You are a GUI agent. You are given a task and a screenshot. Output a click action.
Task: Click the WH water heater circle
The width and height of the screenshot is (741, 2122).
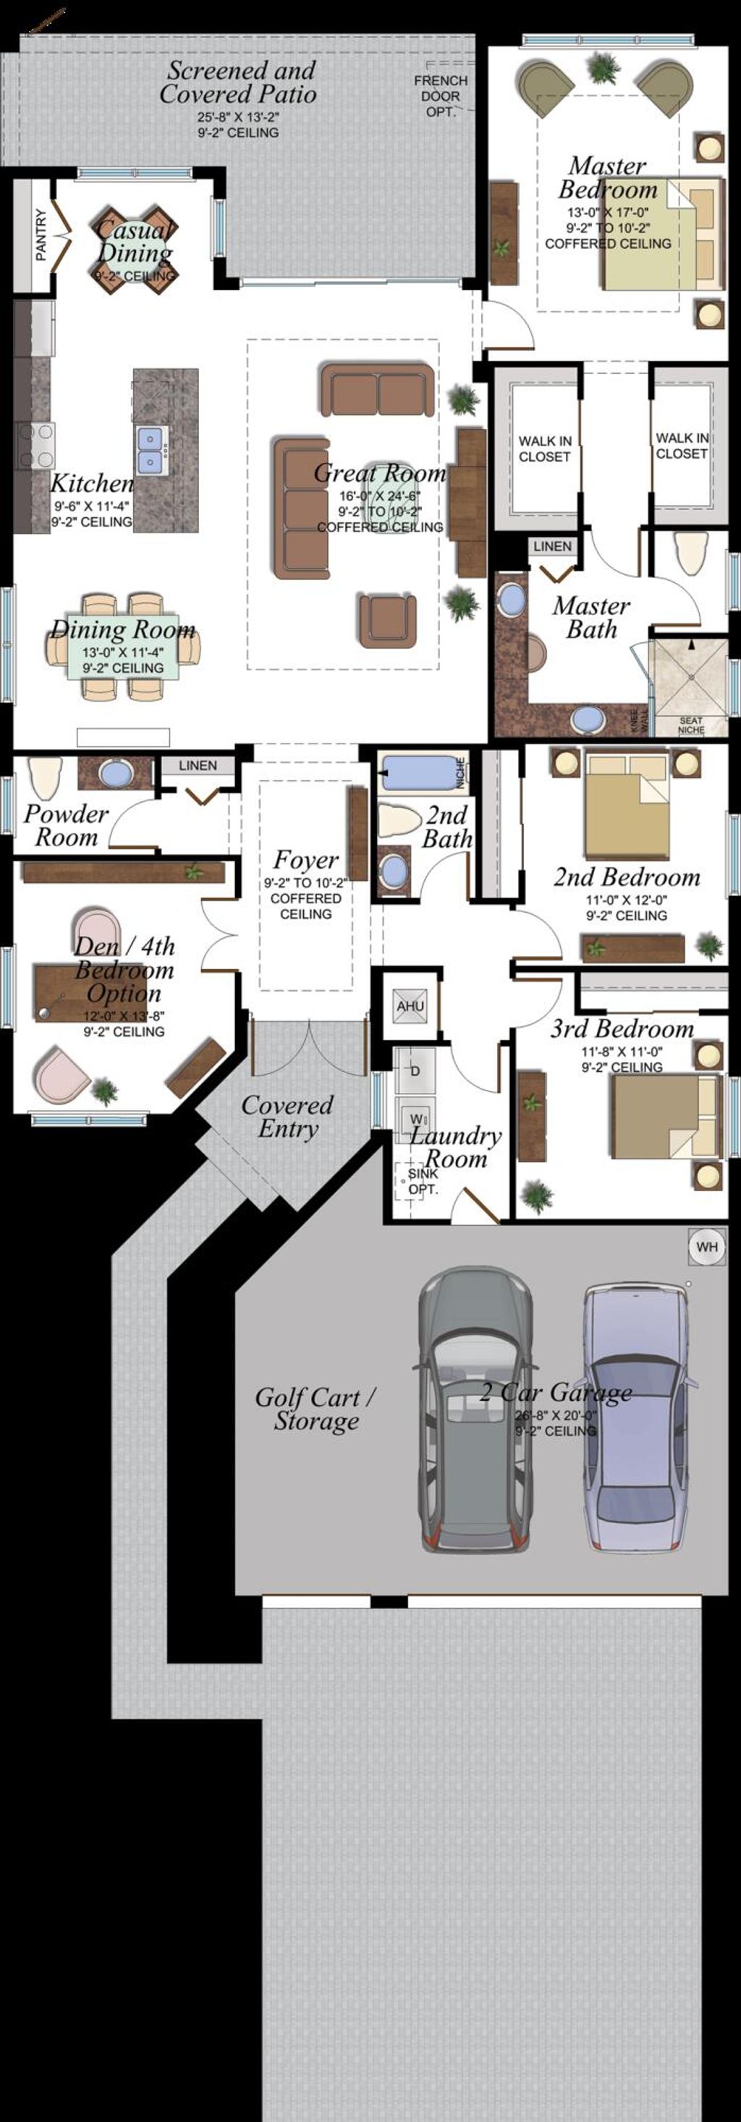(x=706, y=1246)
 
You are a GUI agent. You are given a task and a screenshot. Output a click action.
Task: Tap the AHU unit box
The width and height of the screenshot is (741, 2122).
(x=410, y=1006)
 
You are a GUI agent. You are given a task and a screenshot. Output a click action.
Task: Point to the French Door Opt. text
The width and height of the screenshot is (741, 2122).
(x=440, y=95)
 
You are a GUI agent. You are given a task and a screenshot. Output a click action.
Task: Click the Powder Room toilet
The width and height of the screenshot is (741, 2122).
(x=43, y=777)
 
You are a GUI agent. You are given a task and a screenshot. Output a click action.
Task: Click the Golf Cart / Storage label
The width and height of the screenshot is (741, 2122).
(x=316, y=1409)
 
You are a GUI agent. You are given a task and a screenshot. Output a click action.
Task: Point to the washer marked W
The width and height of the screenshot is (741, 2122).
(x=415, y=1118)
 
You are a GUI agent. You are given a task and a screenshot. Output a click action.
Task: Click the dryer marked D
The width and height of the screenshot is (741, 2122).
(x=415, y=1071)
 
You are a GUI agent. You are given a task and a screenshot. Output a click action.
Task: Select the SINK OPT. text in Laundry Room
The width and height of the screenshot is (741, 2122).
(x=423, y=1181)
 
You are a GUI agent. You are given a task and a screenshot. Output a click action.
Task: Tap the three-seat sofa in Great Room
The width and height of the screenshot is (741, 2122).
(x=301, y=508)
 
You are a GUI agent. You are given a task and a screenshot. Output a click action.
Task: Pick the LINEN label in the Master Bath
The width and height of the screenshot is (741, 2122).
(x=551, y=546)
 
